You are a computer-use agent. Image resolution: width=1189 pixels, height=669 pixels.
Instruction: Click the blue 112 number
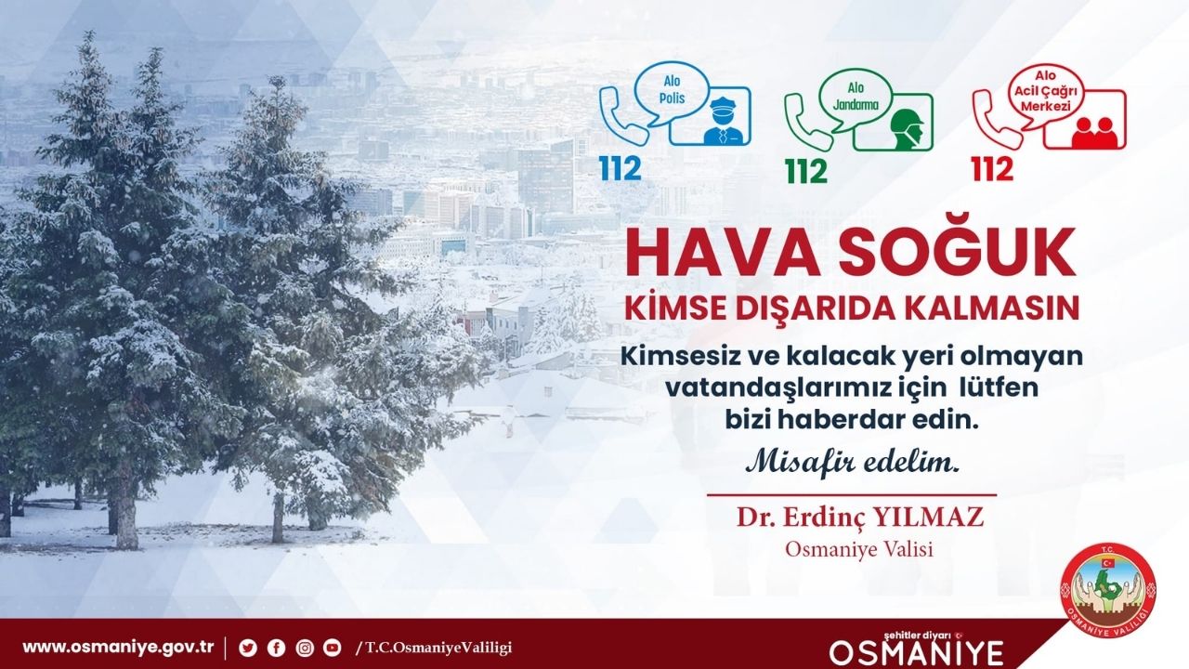click(621, 168)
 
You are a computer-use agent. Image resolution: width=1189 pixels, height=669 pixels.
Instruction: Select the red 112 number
click(992, 168)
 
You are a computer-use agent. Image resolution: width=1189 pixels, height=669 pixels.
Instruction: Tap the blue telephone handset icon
click(623, 115)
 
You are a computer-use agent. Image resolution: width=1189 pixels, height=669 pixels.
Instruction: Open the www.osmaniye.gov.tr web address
click(118, 648)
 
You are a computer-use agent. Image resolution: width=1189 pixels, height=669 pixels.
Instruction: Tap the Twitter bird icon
click(247, 648)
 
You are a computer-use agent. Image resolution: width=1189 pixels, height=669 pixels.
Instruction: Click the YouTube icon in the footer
click(332, 648)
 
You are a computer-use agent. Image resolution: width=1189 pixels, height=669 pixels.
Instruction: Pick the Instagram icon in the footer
click(304, 648)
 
